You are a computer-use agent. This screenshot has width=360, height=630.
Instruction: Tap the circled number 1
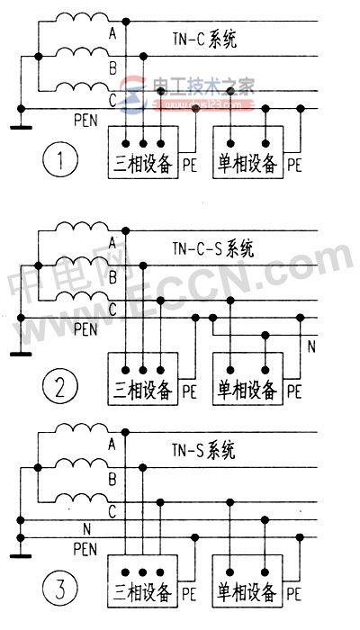[x=57, y=164]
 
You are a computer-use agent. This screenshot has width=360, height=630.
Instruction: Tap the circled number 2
[x=58, y=389]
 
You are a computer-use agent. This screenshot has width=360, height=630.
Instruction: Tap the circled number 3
[x=58, y=592]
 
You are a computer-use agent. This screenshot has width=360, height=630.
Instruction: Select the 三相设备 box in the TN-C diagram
[x=143, y=152]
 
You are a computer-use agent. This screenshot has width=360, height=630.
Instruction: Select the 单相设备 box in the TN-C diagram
[x=247, y=152]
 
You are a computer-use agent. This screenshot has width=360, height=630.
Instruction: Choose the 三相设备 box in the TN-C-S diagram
[x=143, y=378]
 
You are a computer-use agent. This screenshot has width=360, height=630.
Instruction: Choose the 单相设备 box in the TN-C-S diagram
[x=247, y=378]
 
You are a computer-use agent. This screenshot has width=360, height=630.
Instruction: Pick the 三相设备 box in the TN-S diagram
[x=143, y=582]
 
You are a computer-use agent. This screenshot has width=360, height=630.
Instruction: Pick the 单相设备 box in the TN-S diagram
[x=247, y=582]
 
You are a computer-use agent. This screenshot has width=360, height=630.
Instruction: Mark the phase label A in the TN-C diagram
[x=112, y=34]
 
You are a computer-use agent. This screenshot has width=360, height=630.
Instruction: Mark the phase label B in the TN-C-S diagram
[x=112, y=278]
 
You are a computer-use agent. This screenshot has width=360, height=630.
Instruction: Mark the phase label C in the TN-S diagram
[x=112, y=511]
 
